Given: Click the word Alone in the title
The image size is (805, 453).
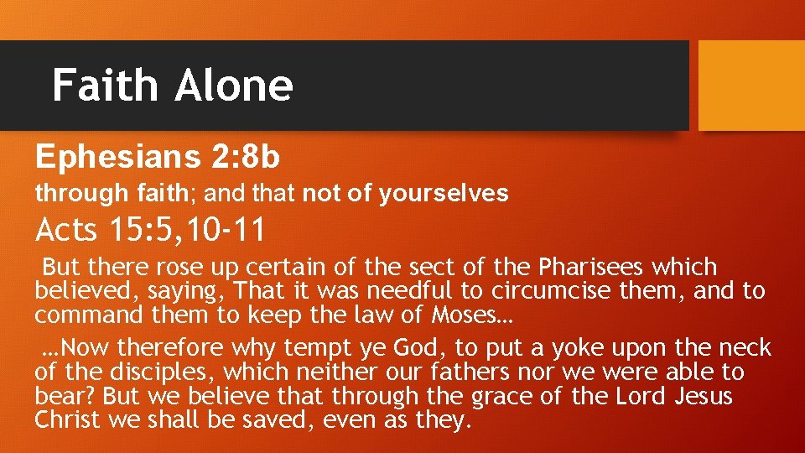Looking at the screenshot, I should (234, 86).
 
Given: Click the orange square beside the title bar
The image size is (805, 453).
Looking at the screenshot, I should (750, 86).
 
